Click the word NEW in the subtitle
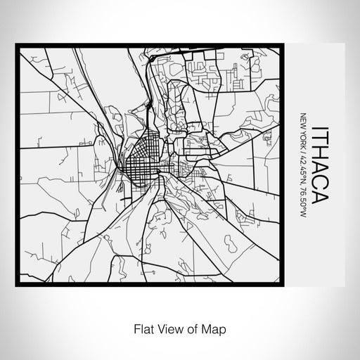point(303,121)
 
